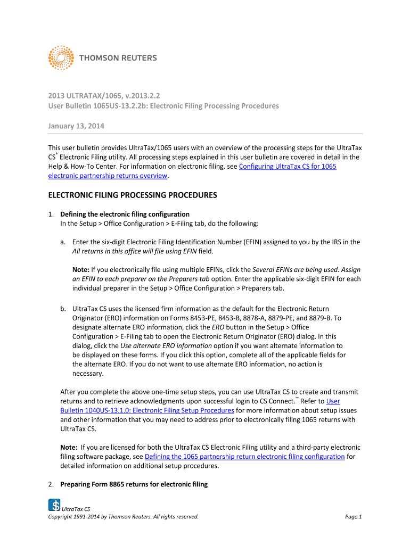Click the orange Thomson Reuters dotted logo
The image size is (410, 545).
[61, 57]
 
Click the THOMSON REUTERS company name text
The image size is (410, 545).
[118, 58]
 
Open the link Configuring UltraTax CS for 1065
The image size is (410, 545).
[288, 167]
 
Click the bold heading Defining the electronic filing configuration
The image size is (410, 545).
[125, 214]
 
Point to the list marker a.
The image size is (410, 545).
[63, 242]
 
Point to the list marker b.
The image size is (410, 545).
[63, 308]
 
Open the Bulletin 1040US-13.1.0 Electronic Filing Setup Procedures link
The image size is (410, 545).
[147, 410]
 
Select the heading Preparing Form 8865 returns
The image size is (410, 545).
[133, 484]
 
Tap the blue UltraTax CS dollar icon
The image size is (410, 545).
[54, 505]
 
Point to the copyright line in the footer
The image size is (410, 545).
[123, 516]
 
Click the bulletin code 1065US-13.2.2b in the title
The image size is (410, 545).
[116, 106]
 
